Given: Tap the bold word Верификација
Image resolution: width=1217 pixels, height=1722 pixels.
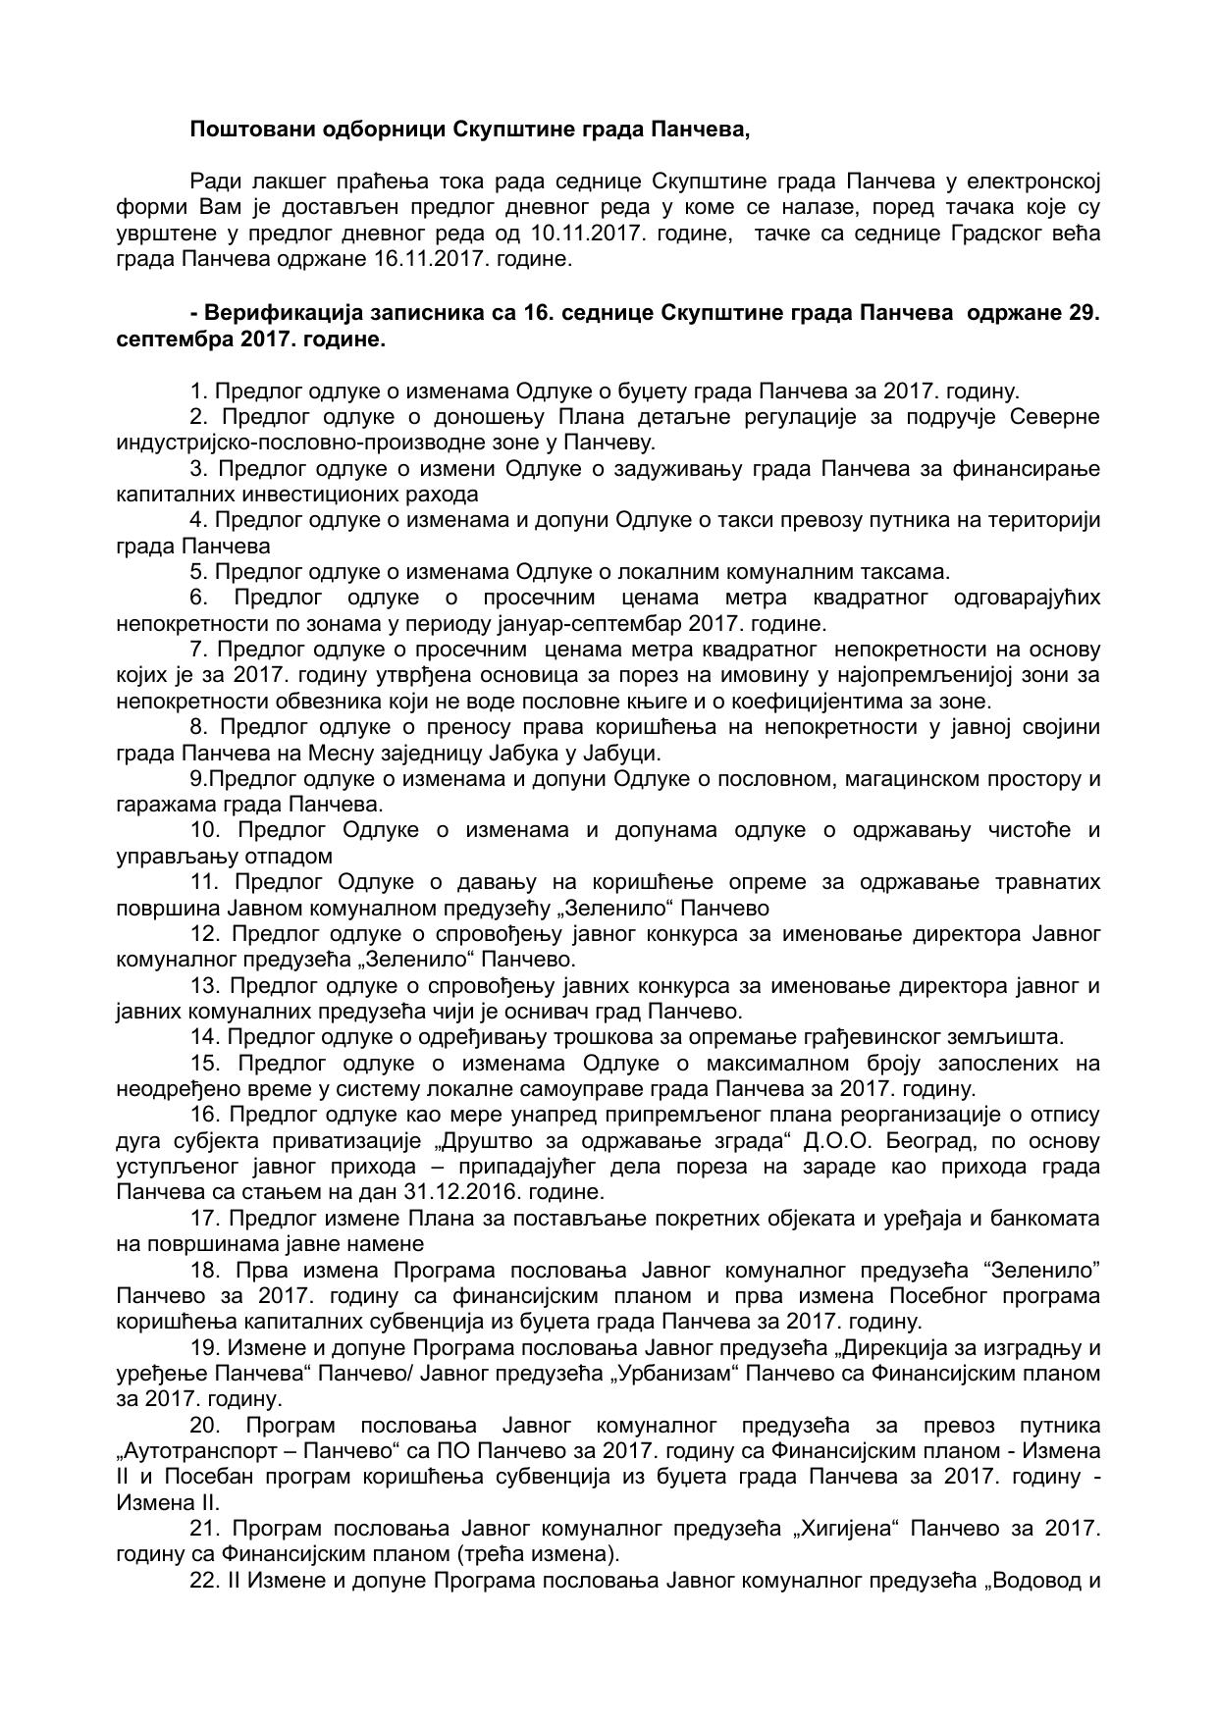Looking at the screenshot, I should (271, 313).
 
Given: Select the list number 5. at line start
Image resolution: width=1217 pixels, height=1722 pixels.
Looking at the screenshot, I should (199, 571).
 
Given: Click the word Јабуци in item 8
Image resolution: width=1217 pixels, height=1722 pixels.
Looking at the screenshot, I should (625, 753).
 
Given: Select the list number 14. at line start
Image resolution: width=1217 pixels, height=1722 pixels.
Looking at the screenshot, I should (204, 1036).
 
